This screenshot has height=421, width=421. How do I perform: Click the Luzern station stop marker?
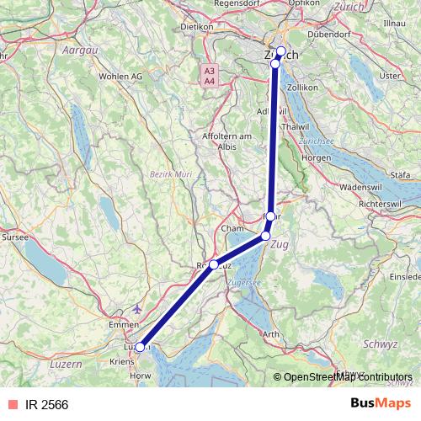pos(141,346)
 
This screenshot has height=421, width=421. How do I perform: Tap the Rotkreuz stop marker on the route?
pos(214,264)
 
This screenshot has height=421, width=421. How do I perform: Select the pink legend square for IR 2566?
pos(11,405)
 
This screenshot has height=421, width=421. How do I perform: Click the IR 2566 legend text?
pos(47,405)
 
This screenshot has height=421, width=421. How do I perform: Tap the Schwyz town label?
pos(379,344)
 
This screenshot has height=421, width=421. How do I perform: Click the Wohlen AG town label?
pos(120,76)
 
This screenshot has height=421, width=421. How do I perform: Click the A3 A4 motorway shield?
pos(209,75)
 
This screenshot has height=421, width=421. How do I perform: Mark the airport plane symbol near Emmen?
pos(138,307)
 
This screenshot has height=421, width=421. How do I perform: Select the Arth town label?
pos(271,334)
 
